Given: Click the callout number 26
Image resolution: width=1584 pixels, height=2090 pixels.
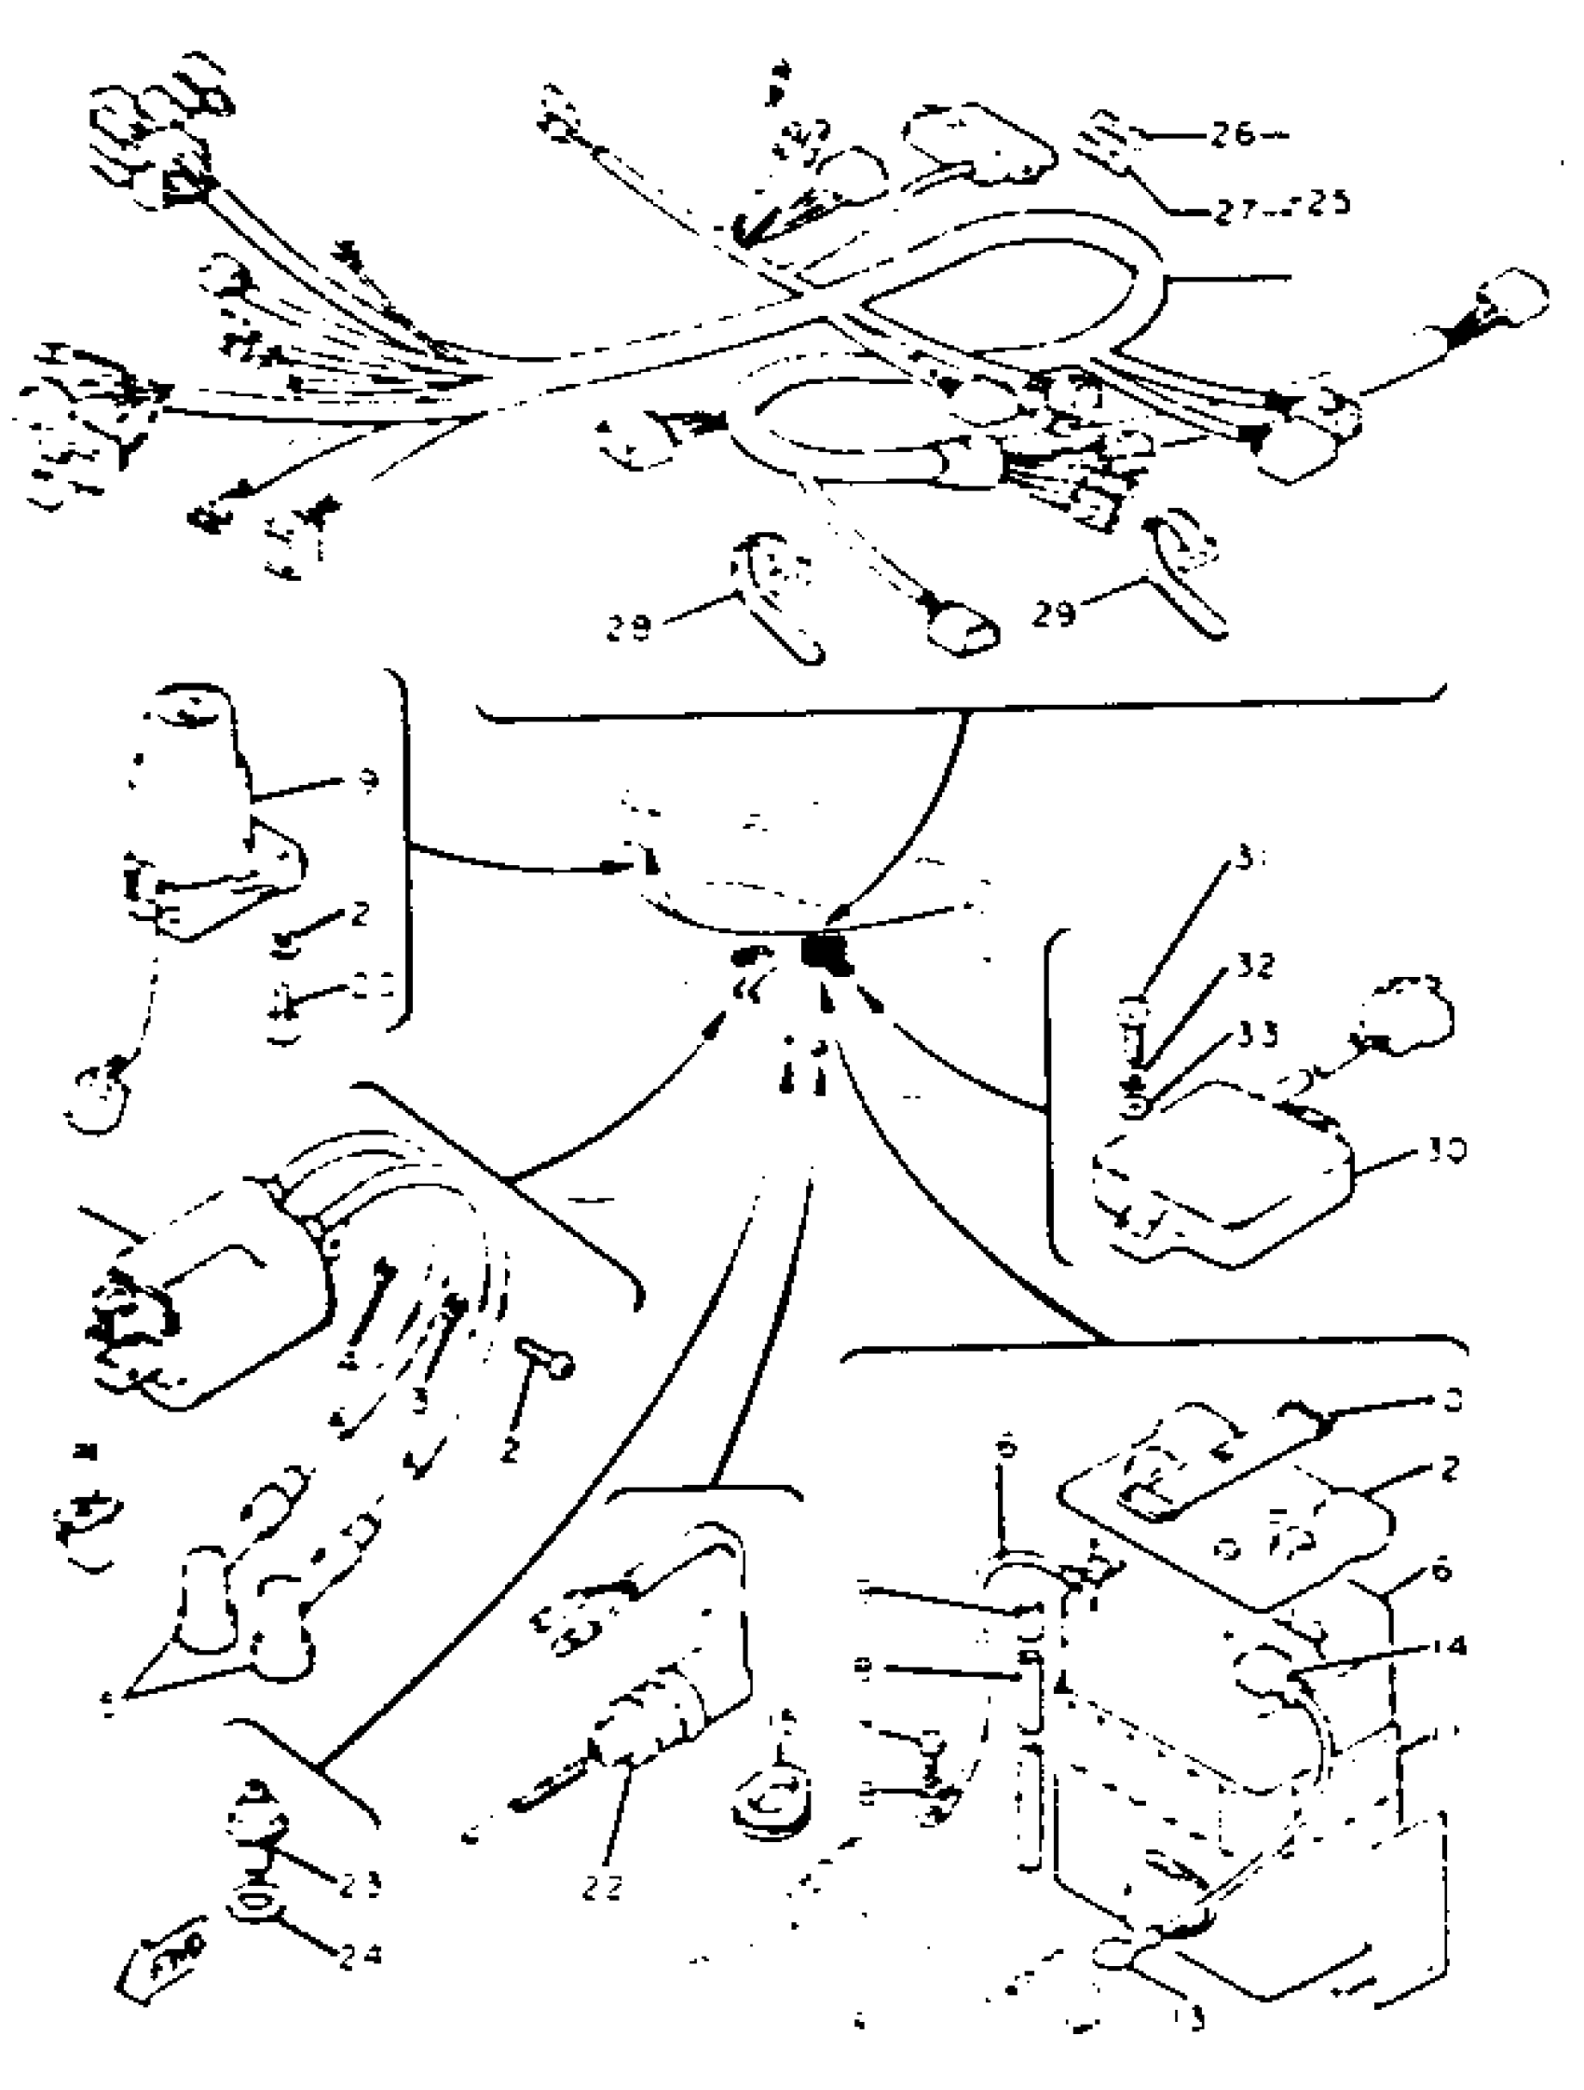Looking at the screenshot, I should click(x=1233, y=135).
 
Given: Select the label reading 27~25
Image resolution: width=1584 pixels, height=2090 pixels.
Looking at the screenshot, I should click(x=1281, y=206).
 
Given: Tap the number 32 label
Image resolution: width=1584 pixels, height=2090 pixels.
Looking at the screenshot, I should click(x=1253, y=966).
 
